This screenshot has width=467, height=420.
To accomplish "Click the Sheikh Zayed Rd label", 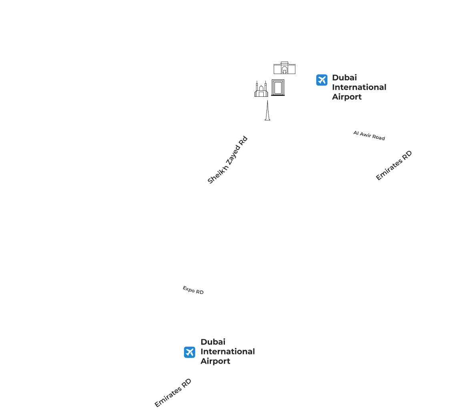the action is click(228, 160).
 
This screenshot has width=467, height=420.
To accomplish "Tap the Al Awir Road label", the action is click(369, 136).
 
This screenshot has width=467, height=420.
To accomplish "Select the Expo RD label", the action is click(193, 290).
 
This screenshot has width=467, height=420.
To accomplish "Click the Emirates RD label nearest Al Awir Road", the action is click(394, 165).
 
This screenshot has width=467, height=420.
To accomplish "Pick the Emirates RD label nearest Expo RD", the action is click(173, 393).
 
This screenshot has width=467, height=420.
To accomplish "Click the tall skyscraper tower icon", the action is click(267, 110).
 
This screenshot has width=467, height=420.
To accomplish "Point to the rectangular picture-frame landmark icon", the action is click(278, 88).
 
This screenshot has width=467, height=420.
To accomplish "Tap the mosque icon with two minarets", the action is click(261, 89).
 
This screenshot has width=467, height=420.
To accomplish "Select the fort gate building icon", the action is click(285, 68).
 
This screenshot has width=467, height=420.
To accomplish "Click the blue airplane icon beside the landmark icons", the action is click(322, 80).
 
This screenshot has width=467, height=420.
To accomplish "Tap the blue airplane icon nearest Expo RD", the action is click(189, 352).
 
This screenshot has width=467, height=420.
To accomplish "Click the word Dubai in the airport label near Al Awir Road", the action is click(344, 78).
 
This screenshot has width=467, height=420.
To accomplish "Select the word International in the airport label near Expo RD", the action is click(228, 352).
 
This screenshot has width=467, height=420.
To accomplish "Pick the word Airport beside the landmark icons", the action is click(347, 97).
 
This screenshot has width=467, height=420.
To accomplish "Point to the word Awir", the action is click(365, 134).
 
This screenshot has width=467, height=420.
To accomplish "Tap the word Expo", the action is click(188, 289).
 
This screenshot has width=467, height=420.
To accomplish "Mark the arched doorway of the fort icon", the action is click(285, 70).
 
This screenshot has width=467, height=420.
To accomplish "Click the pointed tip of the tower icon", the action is click(267, 101).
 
